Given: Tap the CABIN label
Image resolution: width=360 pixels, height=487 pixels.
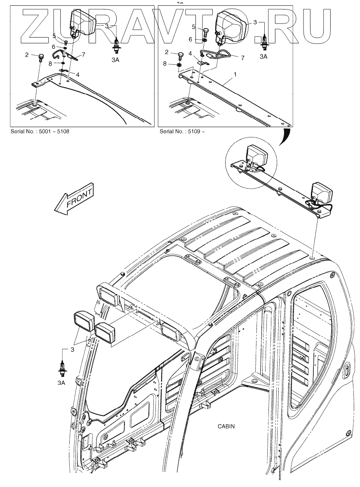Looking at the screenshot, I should click(226, 426).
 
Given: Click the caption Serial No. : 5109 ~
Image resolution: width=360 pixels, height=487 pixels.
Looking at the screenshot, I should click(182, 132).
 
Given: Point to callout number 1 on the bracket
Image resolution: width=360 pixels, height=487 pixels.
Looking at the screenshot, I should click(235, 74).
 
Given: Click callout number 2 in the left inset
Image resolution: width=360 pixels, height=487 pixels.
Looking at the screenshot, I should click(27, 55).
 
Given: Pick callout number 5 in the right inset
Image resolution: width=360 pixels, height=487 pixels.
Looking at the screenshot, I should click(193, 27).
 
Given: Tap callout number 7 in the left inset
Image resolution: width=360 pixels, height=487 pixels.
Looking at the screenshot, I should click(83, 54).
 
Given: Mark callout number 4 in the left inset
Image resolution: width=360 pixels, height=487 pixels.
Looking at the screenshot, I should click(78, 74).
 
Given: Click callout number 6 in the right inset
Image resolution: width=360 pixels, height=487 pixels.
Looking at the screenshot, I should click(191, 39).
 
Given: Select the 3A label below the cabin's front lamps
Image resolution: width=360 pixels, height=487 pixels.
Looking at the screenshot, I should click(61, 383).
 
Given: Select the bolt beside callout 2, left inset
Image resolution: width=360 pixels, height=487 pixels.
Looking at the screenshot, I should click(41, 57).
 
